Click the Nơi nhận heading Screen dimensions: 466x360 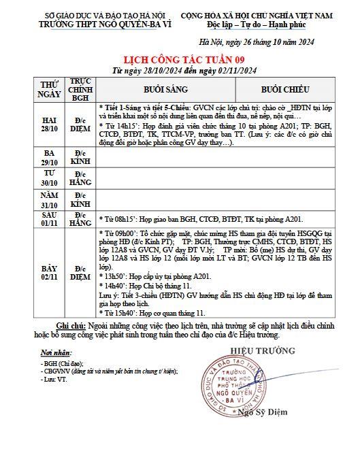point(56,354)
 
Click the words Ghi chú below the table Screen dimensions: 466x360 point(71,326)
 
